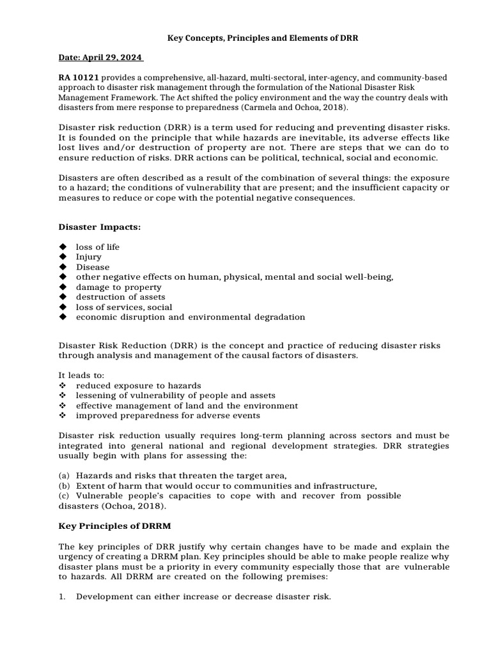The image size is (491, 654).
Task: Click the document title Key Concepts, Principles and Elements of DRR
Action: pyautogui.click(x=263, y=38)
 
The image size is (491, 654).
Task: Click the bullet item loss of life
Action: pyautogui.click(x=98, y=247)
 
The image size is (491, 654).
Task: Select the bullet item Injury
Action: pyautogui.click(x=89, y=257)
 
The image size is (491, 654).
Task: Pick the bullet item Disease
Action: pyautogui.click(x=93, y=267)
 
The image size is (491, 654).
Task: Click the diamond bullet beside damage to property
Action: pyautogui.click(x=63, y=287)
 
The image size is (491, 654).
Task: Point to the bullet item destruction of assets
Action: pyautogui.click(x=120, y=297)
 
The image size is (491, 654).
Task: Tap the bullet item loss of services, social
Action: pyautogui.click(x=124, y=307)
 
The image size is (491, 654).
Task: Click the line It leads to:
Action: pyautogui.click(x=81, y=376)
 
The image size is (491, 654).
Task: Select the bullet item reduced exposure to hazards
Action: pyautogui.click(x=139, y=386)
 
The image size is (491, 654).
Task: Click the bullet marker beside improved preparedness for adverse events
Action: pyautogui.click(x=63, y=416)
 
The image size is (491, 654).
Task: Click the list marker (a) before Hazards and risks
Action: pyautogui.click(x=64, y=476)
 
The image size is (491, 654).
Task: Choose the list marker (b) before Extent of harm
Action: pyautogui.click(x=64, y=486)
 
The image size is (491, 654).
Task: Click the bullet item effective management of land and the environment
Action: pyautogui.click(x=187, y=406)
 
